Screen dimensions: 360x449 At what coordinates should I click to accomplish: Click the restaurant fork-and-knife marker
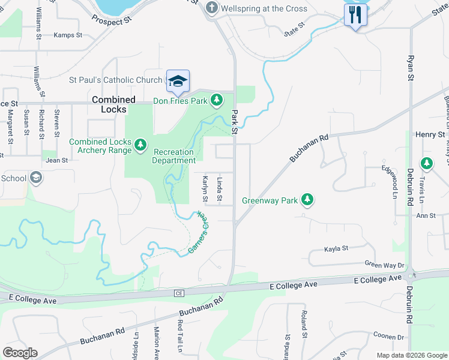(x=355, y=14)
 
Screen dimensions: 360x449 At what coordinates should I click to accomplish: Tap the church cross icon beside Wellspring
(x=211, y=8)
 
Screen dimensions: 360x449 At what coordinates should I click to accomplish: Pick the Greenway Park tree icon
(x=307, y=200)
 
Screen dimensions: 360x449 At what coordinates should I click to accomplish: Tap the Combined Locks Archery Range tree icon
(x=140, y=145)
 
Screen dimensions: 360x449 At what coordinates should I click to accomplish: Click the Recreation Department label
(x=173, y=156)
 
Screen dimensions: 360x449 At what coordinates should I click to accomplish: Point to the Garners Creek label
(x=199, y=232)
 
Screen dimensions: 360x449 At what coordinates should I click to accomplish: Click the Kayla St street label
(x=336, y=248)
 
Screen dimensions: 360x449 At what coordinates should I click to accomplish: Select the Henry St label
(x=432, y=135)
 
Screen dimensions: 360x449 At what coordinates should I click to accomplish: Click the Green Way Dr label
(x=385, y=265)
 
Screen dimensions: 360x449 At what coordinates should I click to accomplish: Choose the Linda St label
(x=220, y=190)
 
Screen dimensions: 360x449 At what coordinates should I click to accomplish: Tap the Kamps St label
(x=68, y=35)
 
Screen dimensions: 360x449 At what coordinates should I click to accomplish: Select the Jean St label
(x=56, y=160)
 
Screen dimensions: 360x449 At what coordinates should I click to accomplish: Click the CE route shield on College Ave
(x=178, y=293)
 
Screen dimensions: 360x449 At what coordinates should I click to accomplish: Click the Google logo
(x=20, y=353)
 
